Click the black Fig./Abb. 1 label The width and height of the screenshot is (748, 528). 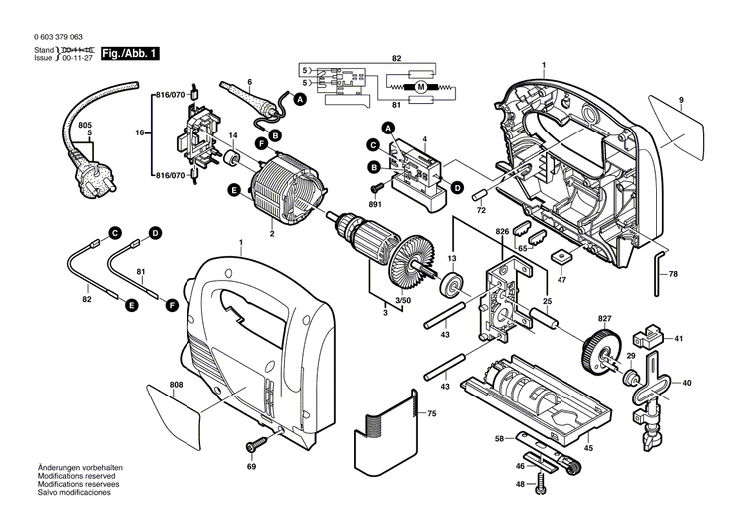[132, 53]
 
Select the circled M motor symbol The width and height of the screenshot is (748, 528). [420, 88]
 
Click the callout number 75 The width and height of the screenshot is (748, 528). [430, 413]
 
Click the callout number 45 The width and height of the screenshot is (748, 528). [587, 448]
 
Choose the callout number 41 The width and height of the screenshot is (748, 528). [679, 340]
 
